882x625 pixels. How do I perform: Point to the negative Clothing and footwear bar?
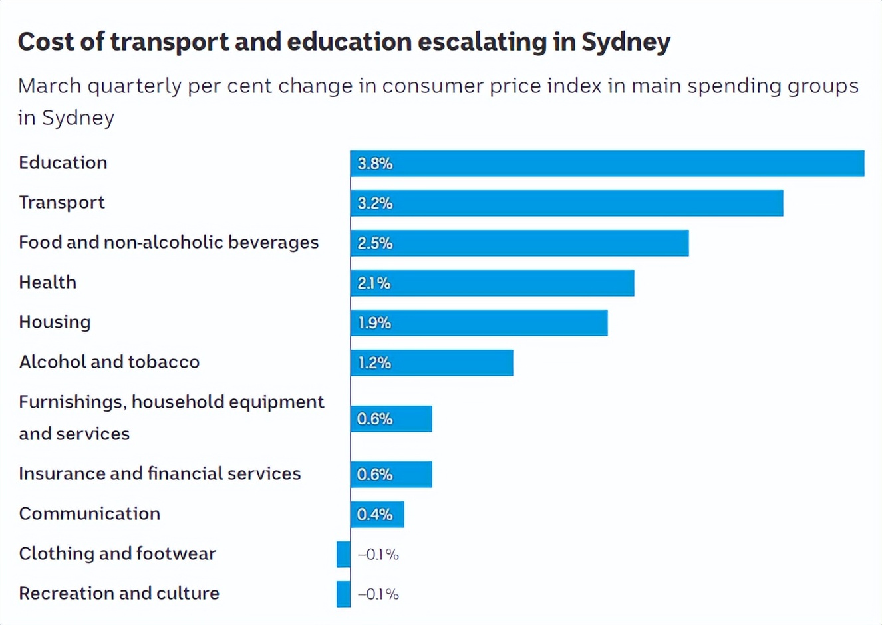(x=343, y=555)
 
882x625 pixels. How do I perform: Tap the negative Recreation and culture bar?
(x=343, y=594)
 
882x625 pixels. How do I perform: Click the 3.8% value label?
(x=375, y=164)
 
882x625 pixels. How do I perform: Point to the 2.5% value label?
(x=375, y=243)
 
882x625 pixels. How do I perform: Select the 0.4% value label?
(x=375, y=515)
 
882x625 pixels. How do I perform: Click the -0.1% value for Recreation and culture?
(x=378, y=594)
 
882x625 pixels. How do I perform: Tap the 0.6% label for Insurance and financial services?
(x=375, y=475)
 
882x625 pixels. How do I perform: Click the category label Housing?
(x=55, y=322)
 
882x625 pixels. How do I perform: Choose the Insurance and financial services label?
(x=160, y=474)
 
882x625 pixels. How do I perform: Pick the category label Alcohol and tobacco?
(x=109, y=362)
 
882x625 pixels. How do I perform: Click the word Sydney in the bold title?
(x=626, y=42)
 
